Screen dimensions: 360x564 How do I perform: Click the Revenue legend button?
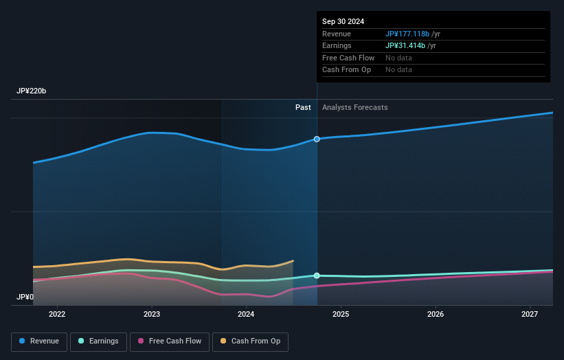[x=40, y=341]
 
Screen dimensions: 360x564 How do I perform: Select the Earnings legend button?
[x=98, y=341]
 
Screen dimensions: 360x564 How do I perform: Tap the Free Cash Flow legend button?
[x=169, y=341]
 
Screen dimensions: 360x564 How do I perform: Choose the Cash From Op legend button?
[x=251, y=341]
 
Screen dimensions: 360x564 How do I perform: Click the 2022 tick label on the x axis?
[x=57, y=315]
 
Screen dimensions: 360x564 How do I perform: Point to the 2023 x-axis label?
[x=152, y=315]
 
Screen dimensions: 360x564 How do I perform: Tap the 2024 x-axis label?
[x=246, y=315]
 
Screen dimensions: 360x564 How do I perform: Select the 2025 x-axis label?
[x=341, y=315]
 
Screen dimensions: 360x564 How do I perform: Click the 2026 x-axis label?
[x=436, y=315]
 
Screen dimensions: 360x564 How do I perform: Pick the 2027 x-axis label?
[x=530, y=315]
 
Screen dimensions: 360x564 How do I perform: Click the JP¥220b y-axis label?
[x=32, y=91]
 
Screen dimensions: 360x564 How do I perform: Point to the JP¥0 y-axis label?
[x=25, y=297]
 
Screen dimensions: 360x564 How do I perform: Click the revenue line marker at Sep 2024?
[x=317, y=139]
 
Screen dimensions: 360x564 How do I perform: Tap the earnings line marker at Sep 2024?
[x=317, y=275]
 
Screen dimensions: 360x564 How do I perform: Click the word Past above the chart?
[x=303, y=108]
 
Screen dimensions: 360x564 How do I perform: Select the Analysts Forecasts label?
[x=354, y=108]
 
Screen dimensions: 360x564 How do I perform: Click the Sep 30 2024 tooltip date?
[x=344, y=21]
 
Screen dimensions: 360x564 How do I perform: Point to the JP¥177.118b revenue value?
[x=407, y=34]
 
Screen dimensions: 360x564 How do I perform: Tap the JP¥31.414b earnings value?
[x=405, y=45]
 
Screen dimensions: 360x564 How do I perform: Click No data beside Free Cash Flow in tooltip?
[x=398, y=58]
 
